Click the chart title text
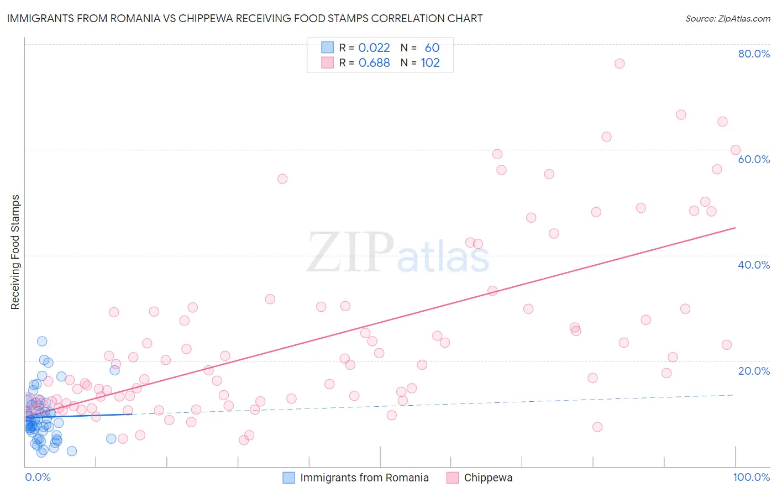245,18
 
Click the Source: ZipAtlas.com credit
727,19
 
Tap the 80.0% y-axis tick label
754,54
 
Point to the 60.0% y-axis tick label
754,159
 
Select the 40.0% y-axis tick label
754,265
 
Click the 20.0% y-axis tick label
754,371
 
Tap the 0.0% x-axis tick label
38,477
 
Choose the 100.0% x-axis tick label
751,477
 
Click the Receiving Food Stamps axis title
15,252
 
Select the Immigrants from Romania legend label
364,478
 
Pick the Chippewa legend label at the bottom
488,478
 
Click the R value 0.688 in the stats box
374,63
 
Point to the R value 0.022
374,48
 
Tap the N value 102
430,63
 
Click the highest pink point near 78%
620,64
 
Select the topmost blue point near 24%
42,342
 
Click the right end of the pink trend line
735,228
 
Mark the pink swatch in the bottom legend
453,478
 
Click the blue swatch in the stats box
328,48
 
